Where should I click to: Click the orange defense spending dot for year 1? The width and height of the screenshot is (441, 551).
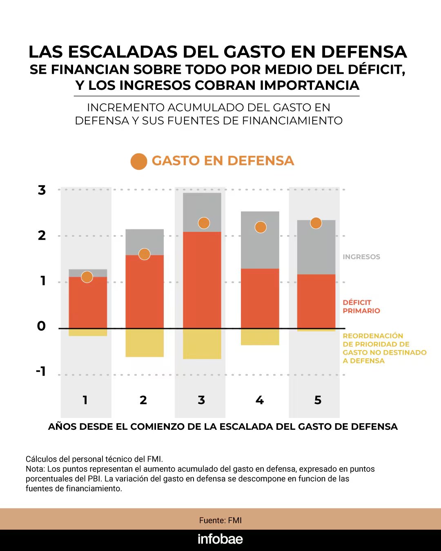tap(87, 277)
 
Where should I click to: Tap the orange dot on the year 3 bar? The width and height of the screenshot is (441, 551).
tap(204, 223)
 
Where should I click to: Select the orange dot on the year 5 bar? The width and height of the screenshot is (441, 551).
tap(316, 223)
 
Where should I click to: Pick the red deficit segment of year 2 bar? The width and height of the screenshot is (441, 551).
tap(145, 292)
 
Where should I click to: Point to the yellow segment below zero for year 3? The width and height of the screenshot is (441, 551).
tap(202, 344)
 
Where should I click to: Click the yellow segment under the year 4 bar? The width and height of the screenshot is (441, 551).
tap(260, 337)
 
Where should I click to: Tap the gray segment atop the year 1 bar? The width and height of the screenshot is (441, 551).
tap(88, 273)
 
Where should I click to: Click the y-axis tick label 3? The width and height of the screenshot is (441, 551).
tap(42, 190)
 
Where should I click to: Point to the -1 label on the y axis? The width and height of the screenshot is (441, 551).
tap(41, 371)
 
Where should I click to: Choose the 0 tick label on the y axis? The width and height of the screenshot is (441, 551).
tap(41, 326)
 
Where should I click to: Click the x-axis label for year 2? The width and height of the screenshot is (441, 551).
tap(143, 400)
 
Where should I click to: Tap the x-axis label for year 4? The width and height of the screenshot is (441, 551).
tap(260, 400)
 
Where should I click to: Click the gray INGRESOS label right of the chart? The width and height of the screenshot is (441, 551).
tap(361, 257)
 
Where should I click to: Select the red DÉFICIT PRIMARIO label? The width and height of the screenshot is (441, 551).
tap(361, 307)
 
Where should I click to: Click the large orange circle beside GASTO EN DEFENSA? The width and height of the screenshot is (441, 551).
tap(139, 161)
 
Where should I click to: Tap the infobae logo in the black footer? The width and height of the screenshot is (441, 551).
tap(220, 539)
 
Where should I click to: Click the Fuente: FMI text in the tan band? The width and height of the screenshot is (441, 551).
tap(220, 520)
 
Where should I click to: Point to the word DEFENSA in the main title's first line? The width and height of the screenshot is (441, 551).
tap(364, 52)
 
